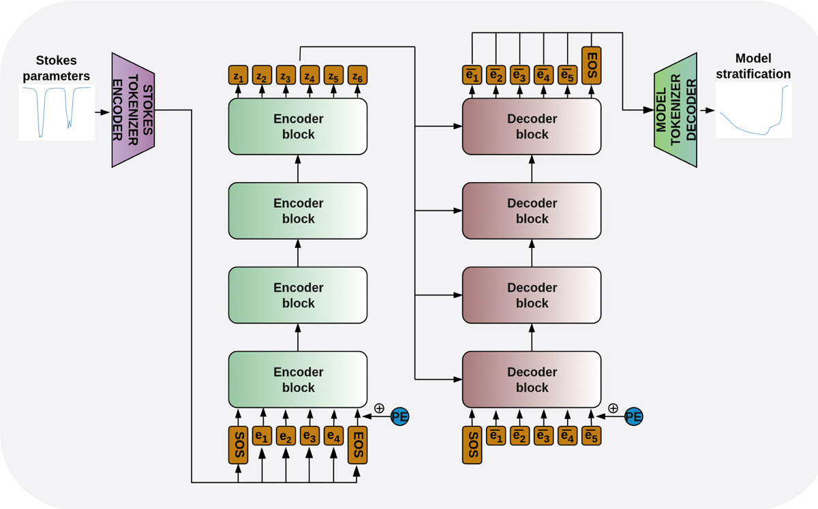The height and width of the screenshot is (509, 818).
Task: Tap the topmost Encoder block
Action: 298,126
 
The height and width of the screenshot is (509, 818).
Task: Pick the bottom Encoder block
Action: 298,380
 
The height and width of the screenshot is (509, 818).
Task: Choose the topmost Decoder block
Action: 532,126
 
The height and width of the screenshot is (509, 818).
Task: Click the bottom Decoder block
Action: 532,380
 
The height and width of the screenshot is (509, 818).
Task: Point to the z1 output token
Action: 239,75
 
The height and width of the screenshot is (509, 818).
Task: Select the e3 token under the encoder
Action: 310,435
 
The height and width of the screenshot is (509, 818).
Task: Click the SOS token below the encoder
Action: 239,444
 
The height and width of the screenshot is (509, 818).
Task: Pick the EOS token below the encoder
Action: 358,444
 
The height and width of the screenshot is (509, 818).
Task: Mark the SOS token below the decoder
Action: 472,444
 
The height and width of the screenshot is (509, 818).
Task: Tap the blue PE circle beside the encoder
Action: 399,415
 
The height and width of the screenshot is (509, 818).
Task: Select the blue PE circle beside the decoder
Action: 633,415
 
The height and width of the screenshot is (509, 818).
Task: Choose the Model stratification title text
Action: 753,67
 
